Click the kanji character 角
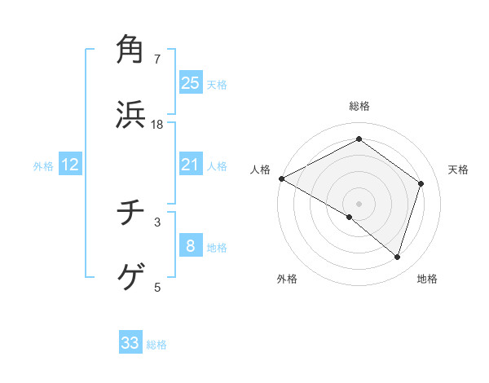[131, 49]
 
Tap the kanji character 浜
[131, 115]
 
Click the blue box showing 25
[191, 83]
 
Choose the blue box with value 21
[191, 165]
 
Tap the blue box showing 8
[191, 246]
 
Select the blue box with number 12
[70, 165]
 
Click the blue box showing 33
[130, 343]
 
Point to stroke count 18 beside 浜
[157, 125]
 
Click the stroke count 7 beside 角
[157, 59]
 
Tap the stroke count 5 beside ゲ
[157, 287]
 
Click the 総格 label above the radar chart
[359, 106]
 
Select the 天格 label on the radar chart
[459, 169]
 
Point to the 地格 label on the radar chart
[427, 280]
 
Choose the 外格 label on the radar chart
[287, 280]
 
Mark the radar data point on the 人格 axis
[281, 178]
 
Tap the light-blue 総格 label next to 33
[157, 345]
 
